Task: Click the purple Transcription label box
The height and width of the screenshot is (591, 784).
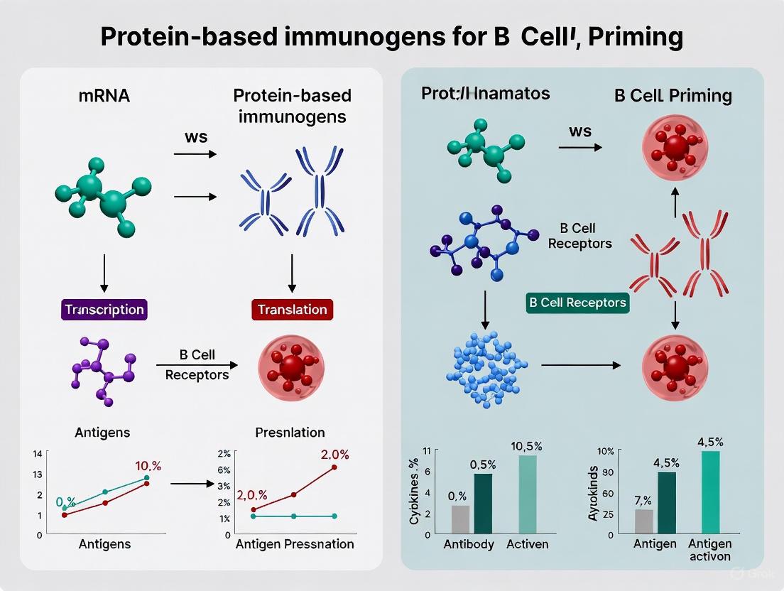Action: [x=104, y=310]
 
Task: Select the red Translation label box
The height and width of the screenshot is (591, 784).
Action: [x=292, y=310]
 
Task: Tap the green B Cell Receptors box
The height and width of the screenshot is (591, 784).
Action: [x=577, y=303]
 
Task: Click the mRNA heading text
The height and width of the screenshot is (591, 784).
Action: [x=104, y=95]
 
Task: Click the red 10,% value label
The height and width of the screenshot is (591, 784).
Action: [x=148, y=466]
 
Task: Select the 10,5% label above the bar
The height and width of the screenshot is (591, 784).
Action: [x=527, y=447]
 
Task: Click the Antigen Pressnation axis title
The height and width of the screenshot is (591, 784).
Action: [x=295, y=544]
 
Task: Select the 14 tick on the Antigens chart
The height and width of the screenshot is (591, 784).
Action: [x=38, y=454]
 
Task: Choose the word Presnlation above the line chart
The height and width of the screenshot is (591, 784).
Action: [x=290, y=432]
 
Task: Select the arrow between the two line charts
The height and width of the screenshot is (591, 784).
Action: [x=192, y=484]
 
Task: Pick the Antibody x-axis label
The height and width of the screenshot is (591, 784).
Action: [x=469, y=545]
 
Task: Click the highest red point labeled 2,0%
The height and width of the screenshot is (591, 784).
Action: [x=334, y=467]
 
